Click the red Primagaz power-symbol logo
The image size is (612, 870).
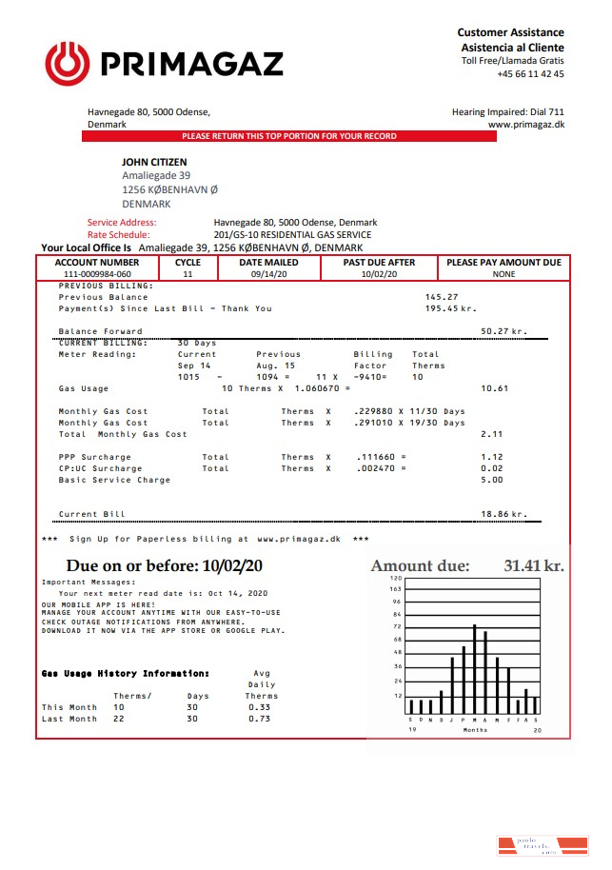click(67, 64)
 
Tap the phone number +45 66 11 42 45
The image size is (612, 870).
click(530, 74)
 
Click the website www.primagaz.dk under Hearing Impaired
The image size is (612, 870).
click(525, 125)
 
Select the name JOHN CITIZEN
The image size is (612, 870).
click(154, 163)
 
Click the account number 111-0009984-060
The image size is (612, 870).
click(97, 274)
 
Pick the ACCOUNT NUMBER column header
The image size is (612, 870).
click(97, 263)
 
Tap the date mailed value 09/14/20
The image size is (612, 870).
click(268, 274)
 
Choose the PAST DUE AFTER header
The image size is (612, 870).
click(380, 263)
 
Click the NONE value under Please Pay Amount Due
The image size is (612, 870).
click(503, 274)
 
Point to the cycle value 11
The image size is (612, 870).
click(188, 274)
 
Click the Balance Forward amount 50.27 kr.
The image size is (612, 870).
click(503, 331)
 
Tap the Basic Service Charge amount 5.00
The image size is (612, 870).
click(492, 480)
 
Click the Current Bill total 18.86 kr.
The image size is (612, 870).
click(503, 514)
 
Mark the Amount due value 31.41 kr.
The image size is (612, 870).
click(533, 566)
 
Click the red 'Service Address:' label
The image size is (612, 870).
click(122, 223)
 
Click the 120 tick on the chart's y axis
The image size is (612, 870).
click(397, 579)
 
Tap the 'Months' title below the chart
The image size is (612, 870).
click(475, 730)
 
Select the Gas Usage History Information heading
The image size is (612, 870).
click(125, 674)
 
